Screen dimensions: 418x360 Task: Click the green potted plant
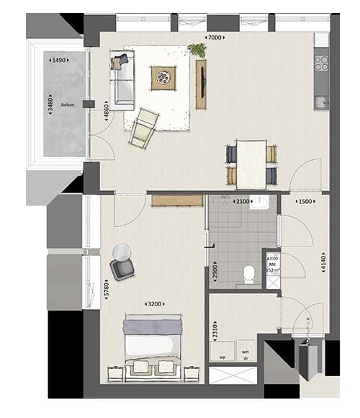click(196, 50)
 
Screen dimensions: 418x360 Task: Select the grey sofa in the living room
click(122, 79)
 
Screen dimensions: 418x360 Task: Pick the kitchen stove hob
click(321, 63)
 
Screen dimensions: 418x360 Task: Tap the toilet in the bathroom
click(249, 273)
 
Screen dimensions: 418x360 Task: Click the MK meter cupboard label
click(273, 264)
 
